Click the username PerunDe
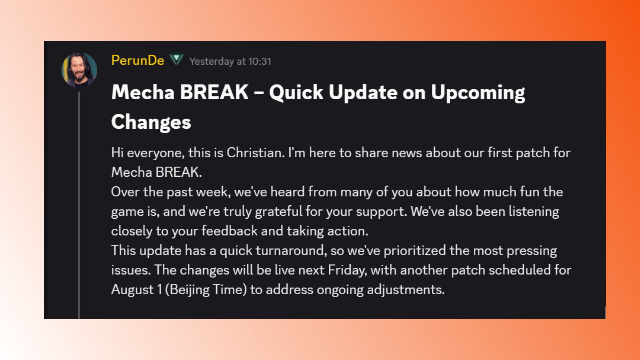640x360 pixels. (138, 61)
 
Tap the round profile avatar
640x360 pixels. (79, 70)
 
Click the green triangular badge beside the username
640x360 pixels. (176, 60)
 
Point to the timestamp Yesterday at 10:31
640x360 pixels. (230, 61)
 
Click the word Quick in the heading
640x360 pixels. (296, 92)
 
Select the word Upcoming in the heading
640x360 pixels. (478, 93)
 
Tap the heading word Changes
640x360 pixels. (151, 122)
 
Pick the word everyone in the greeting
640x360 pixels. (155, 153)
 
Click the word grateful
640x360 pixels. (279, 212)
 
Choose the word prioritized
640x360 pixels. (415, 251)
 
